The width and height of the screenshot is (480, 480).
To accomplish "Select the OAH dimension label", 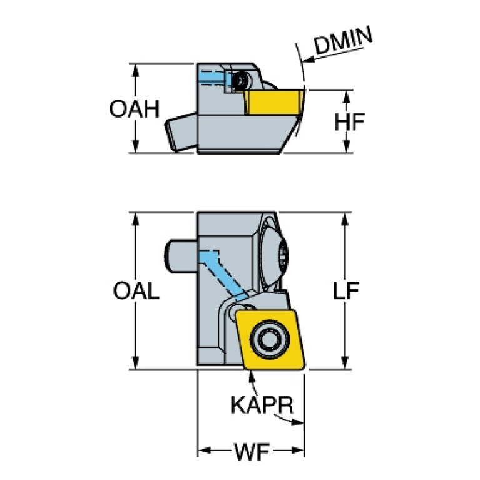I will point(135,110).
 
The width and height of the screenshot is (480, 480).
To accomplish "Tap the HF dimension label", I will point(349,122).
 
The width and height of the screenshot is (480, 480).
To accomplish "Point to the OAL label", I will point(136,292).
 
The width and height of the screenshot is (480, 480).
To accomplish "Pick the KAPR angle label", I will point(262,406).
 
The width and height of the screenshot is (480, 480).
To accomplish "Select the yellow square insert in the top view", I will point(270,340).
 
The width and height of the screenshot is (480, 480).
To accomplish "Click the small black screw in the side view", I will point(240,81).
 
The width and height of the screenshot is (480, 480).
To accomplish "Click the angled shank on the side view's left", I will point(181,132).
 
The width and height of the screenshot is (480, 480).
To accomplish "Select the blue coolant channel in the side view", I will point(214,78).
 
